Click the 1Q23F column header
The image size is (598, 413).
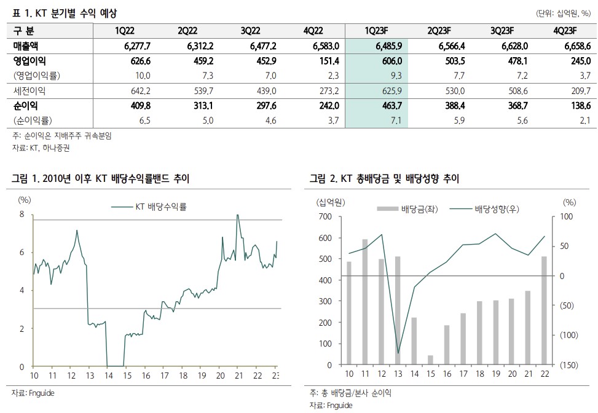pos(375,31)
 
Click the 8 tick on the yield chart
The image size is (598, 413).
pos(22,214)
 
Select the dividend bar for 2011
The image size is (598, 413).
pos(365,301)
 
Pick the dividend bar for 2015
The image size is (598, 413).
pos(430,360)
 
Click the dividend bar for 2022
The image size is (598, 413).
pos(544,310)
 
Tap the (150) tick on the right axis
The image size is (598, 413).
pos(570,365)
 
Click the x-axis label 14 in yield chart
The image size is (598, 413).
pos(107,376)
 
